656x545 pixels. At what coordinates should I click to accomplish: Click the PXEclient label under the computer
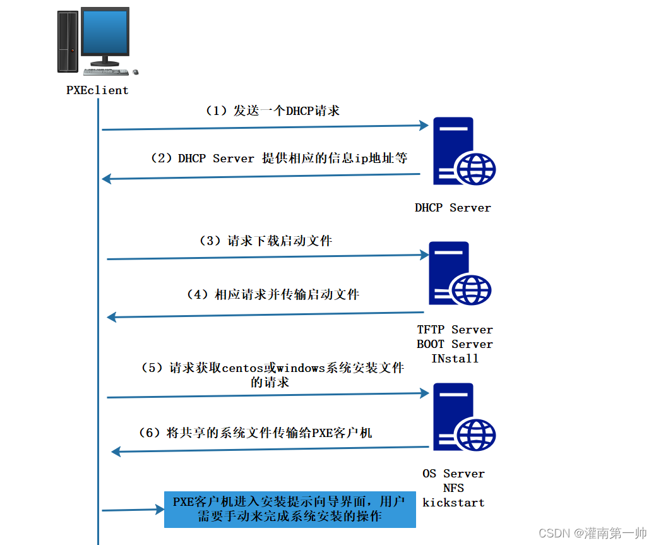coord(97,90)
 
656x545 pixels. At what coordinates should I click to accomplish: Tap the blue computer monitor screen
coord(104,33)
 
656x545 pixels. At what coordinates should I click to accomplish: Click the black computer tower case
coord(68,40)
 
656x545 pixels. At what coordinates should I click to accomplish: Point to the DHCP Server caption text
coord(453,207)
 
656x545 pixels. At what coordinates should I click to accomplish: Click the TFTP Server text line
coord(455,330)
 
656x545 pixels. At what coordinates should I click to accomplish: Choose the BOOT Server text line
coord(455,344)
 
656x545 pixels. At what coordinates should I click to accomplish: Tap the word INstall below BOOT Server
coord(455,359)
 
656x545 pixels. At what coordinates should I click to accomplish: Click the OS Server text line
coord(453,474)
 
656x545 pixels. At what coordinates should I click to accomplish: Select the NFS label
coord(453,488)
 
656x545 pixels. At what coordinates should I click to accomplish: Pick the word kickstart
coord(453,503)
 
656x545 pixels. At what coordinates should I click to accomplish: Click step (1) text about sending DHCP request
coord(273,111)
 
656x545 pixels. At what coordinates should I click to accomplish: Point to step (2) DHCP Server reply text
coord(278,159)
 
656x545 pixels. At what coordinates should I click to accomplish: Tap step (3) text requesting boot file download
coord(266,241)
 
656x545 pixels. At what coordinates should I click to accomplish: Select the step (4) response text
coord(273,294)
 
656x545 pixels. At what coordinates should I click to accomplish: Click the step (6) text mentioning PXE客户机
coord(255,433)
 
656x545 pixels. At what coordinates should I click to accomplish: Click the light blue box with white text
coord(290,509)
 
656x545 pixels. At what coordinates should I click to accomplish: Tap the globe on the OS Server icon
coord(474,434)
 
